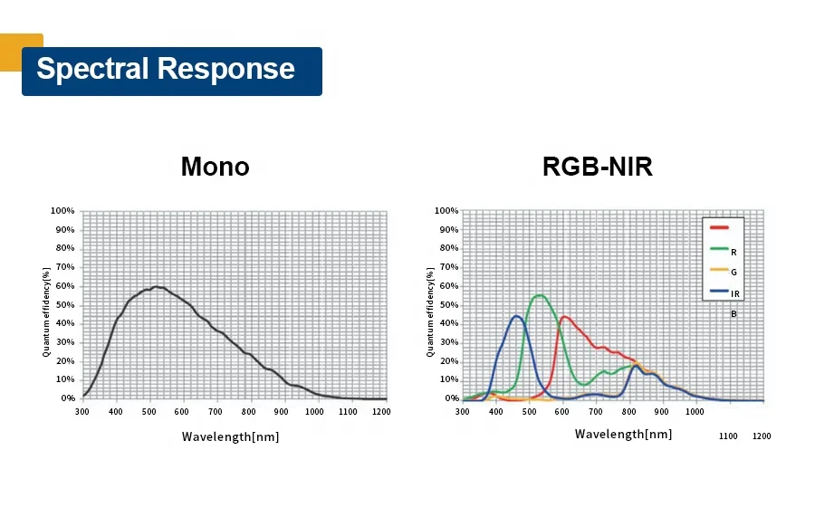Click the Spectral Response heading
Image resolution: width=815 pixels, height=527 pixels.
point(166,70)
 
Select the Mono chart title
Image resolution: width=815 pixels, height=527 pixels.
point(215,167)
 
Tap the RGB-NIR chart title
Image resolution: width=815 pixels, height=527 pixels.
point(597,167)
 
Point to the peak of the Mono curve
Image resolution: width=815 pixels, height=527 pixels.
point(157,287)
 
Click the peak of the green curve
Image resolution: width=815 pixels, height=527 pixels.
point(539,295)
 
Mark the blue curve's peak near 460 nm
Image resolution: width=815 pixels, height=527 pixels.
point(516,316)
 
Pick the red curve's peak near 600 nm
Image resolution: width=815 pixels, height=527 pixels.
point(564,316)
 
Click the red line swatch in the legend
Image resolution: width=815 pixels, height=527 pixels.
point(720,228)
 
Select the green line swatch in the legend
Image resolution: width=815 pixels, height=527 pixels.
point(720,248)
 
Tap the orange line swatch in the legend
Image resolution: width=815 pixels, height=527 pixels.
point(720,269)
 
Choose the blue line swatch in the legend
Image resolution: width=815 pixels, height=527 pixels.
point(720,291)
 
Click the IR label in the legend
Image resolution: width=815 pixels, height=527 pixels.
point(735,293)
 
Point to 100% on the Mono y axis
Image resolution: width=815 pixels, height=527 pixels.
point(62,211)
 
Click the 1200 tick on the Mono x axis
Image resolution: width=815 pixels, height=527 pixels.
point(380,412)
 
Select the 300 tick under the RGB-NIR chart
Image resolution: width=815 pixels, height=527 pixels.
point(463,412)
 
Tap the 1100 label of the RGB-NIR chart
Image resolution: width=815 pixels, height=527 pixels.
point(728,436)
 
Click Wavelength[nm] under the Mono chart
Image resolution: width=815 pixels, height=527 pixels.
point(230,436)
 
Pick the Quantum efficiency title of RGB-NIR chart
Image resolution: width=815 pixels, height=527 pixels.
point(430,311)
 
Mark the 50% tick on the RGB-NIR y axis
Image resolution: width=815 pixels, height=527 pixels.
point(446,305)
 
